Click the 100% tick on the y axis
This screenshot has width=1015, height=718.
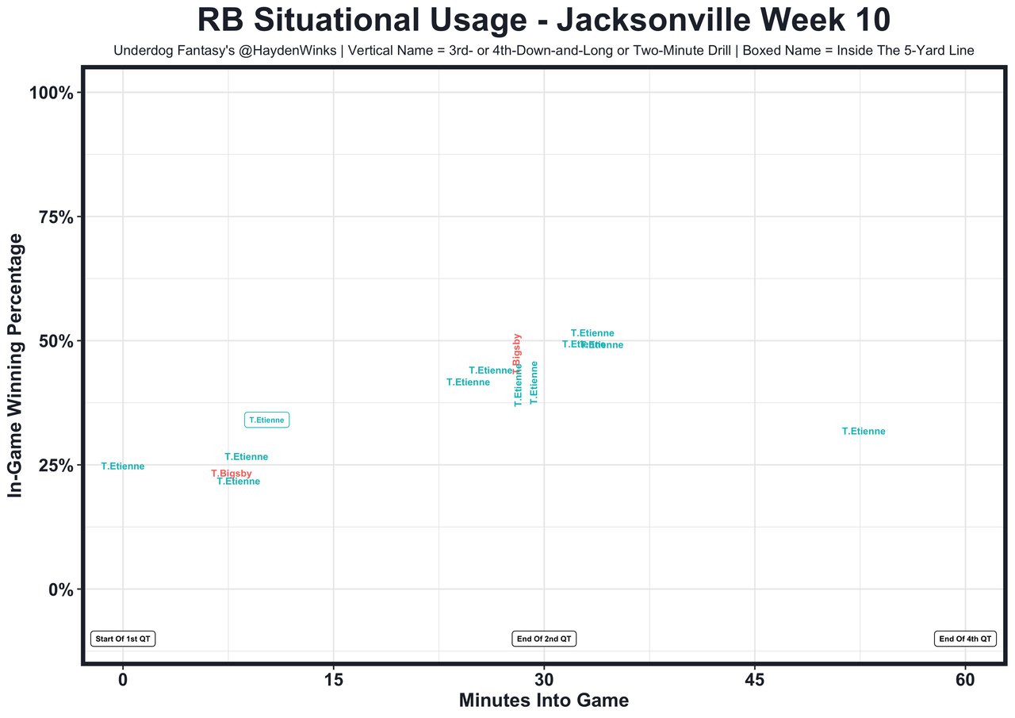(x=52, y=93)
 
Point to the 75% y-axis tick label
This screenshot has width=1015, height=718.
(x=56, y=217)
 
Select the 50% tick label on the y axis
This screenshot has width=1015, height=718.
(x=56, y=341)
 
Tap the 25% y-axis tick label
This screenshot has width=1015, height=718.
(x=56, y=466)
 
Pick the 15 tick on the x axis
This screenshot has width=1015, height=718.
(x=334, y=680)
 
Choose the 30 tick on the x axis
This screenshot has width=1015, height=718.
(x=544, y=680)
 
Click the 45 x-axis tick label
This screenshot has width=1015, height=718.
(x=755, y=680)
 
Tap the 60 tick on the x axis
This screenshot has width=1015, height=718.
(x=965, y=680)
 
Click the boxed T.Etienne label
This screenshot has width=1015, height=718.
(x=267, y=420)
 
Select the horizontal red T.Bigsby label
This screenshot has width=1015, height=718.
(x=232, y=474)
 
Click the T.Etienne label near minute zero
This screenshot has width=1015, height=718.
(x=123, y=467)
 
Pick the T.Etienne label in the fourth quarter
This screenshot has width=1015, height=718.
(x=864, y=432)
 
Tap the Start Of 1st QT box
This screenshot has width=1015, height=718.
(x=123, y=639)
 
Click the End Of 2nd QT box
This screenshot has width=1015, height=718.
(x=544, y=639)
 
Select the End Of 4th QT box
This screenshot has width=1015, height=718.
(x=965, y=639)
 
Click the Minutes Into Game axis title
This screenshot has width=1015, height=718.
(x=544, y=701)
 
